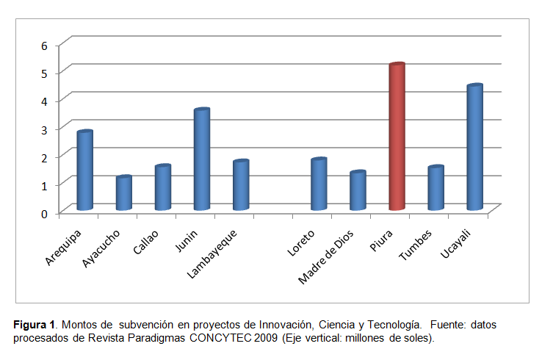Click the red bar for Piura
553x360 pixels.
(x=397, y=137)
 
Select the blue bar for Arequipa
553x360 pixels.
(x=85, y=170)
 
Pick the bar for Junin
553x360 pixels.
(x=202, y=159)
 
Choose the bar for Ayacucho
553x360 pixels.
(x=124, y=193)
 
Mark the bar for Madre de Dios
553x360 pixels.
(x=358, y=191)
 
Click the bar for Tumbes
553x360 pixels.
(x=435, y=189)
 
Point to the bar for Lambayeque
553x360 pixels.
(x=241, y=185)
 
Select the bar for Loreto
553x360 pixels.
(x=319, y=184)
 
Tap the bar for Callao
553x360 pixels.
(x=163, y=188)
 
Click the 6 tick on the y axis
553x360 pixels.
(x=44, y=46)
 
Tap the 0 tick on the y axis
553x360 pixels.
(x=44, y=213)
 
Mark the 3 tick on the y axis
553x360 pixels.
(x=44, y=129)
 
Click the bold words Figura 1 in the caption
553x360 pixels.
(x=34, y=324)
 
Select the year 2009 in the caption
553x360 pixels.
(x=267, y=338)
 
